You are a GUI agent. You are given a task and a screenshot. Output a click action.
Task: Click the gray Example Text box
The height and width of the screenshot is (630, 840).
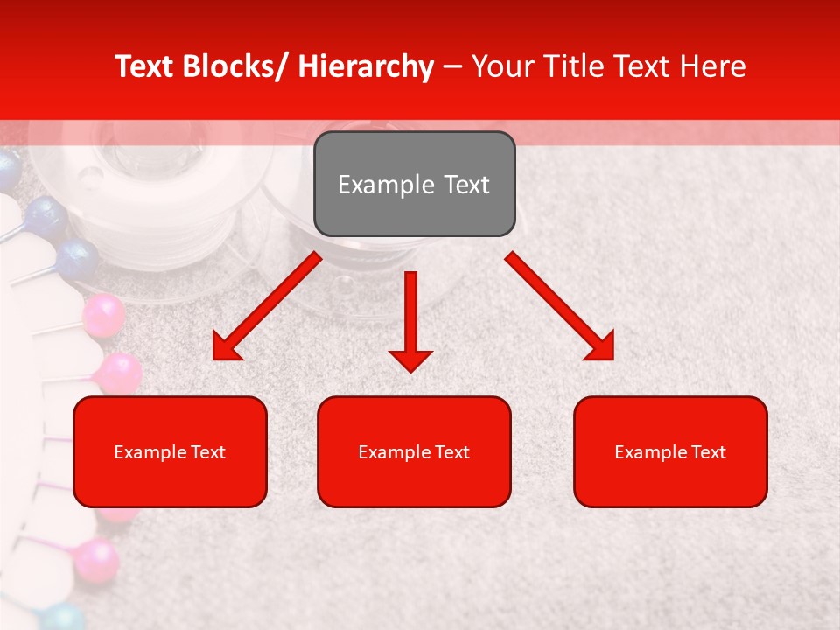point(414,184)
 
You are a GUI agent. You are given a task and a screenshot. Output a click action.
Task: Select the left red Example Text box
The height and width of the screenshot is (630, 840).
point(170,451)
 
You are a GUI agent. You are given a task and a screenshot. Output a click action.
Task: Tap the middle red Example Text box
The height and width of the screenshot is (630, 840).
point(414,451)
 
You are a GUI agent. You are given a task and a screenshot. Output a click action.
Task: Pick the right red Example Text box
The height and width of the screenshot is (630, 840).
point(670,451)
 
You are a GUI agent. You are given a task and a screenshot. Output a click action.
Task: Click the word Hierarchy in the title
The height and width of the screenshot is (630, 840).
point(366,66)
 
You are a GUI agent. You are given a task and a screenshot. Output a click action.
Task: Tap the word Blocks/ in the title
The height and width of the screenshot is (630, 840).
point(234,66)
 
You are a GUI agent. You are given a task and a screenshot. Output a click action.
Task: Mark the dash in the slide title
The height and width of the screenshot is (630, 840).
point(452,66)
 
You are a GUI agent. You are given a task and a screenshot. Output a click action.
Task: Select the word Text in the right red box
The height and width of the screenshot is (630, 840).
point(708,452)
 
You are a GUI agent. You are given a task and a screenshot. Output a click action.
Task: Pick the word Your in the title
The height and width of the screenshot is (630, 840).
point(500,66)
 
